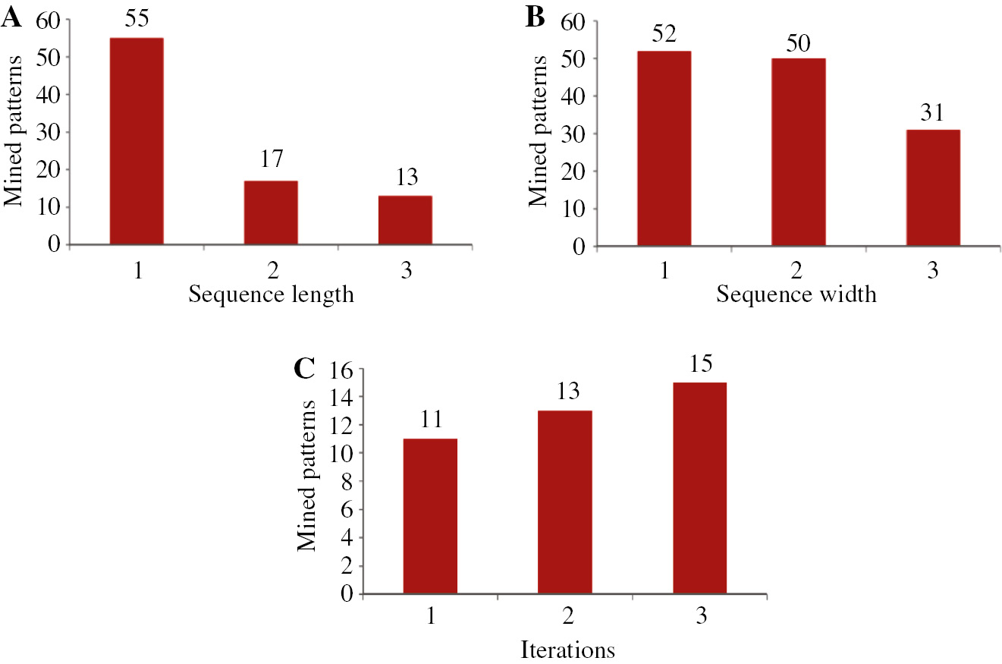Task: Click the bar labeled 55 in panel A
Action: tap(137, 141)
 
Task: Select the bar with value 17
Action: tap(271, 212)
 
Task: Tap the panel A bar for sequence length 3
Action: tap(405, 220)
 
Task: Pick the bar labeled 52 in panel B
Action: tap(664, 149)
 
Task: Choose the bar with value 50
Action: tap(799, 152)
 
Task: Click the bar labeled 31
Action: tap(933, 187)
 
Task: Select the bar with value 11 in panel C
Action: tap(430, 516)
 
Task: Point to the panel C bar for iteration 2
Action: tap(564, 502)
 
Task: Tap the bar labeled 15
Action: tap(699, 488)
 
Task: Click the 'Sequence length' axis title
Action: tap(271, 294)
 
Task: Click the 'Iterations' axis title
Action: tap(567, 650)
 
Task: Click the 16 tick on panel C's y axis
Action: tap(343, 370)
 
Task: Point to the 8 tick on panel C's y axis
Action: tap(349, 482)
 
